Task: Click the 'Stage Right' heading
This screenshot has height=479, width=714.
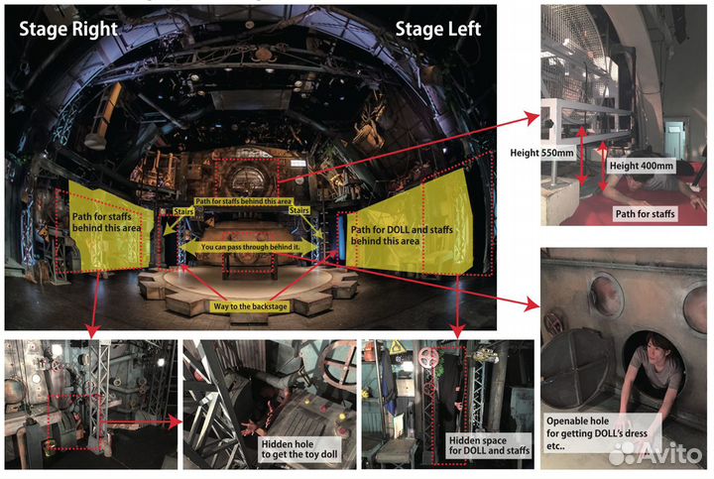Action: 68,29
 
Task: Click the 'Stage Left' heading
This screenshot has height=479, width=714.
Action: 437,29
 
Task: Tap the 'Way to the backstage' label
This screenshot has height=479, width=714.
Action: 250,306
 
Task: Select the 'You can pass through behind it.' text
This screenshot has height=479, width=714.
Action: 250,247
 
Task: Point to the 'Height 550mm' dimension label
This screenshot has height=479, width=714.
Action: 541,153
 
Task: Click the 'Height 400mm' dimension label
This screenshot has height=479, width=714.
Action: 642,166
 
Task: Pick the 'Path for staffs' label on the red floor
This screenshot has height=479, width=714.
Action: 645,213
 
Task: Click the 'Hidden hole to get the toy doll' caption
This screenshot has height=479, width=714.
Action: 299,449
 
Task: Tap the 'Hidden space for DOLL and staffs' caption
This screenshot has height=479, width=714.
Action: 489,445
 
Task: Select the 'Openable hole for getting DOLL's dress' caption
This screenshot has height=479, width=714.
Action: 597,433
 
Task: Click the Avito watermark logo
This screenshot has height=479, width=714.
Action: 654,453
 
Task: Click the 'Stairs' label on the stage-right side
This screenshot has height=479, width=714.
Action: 183,211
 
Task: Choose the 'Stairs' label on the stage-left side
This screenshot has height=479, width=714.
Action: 299,210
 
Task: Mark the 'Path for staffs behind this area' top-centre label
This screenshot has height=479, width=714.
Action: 244,201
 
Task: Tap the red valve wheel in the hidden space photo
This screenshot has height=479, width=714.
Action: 428,357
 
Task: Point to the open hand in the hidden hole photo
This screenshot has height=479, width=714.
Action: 251,428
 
